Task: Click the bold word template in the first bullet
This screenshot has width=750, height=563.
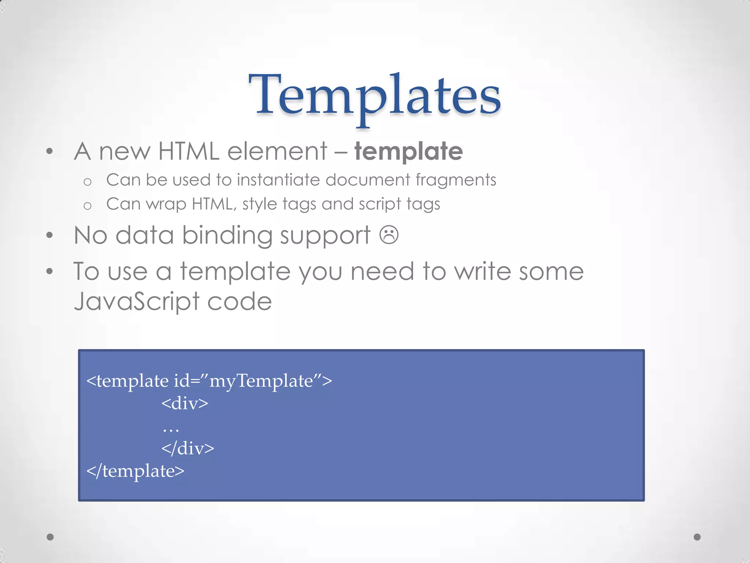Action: (x=408, y=151)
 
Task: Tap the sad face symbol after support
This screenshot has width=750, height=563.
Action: (x=389, y=235)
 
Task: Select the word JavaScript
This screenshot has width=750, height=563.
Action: (x=136, y=302)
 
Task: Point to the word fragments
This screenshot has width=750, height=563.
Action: (x=456, y=180)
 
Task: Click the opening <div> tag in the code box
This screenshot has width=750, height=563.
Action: (x=185, y=403)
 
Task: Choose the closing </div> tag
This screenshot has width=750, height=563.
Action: (x=187, y=448)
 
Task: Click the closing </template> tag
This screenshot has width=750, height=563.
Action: (x=135, y=471)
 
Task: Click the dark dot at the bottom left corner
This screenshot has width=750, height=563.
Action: (x=50, y=537)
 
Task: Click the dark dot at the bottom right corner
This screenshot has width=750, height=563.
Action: (x=697, y=537)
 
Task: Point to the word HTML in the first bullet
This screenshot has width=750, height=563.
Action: (x=189, y=151)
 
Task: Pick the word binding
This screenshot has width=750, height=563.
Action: (x=227, y=235)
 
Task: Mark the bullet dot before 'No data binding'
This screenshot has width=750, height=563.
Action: (x=50, y=235)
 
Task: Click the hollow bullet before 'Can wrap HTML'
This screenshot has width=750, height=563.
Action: (x=87, y=206)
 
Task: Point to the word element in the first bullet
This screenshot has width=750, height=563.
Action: (x=277, y=151)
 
